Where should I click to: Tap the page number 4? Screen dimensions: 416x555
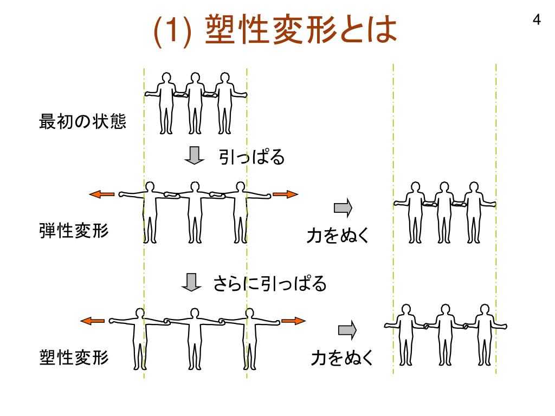(536, 21)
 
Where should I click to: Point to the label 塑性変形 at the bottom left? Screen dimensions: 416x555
(74, 357)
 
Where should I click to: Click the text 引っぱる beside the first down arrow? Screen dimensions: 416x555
(251, 158)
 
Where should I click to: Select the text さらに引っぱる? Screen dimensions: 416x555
(269, 283)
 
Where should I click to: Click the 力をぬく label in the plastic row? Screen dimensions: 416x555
(342, 359)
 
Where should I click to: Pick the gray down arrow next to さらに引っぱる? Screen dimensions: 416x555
(191, 282)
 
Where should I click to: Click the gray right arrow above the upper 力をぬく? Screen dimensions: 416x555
(343, 207)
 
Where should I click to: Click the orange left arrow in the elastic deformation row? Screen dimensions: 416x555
(102, 194)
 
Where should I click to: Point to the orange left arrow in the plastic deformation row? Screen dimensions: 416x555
(93, 321)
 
